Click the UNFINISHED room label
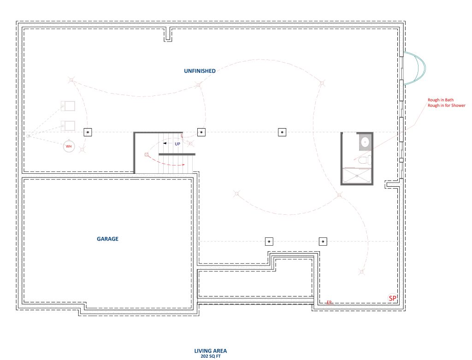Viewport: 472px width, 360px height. tap(200, 71)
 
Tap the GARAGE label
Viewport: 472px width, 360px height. tap(107, 239)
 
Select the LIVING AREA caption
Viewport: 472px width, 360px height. tap(210, 351)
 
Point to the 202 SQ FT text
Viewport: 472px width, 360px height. tap(210, 356)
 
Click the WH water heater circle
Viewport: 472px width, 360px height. tap(69, 146)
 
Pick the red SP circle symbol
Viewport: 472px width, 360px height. tap(393, 298)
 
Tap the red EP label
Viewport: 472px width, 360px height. tap(329, 302)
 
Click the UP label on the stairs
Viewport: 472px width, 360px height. tap(177, 144)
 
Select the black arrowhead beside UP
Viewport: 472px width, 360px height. tap(165, 143)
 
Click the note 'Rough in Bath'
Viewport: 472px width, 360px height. tap(440, 100)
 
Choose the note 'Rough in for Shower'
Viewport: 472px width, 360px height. tap(446, 106)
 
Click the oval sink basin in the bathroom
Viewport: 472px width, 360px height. tap(365, 142)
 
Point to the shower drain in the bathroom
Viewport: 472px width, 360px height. tap(357, 176)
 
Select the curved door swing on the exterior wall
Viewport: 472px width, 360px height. tap(414, 68)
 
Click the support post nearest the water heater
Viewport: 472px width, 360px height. tap(88, 132)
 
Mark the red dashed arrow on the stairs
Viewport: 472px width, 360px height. tap(169, 163)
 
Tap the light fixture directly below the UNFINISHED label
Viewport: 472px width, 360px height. tap(198, 85)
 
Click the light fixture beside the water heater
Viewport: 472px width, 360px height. tap(82, 149)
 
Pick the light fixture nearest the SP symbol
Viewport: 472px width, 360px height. tap(361, 272)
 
